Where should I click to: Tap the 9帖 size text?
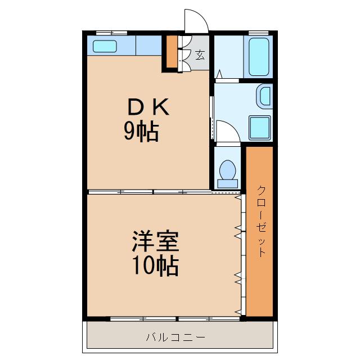click(x=141, y=132)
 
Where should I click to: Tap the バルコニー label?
click(x=175, y=337)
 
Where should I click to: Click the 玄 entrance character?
click(x=200, y=55)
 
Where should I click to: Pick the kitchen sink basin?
click(x=105, y=47)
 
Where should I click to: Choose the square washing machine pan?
click(x=259, y=127)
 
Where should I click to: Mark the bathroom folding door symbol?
click(x=219, y=73)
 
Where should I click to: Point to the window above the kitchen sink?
click(x=111, y=33)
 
